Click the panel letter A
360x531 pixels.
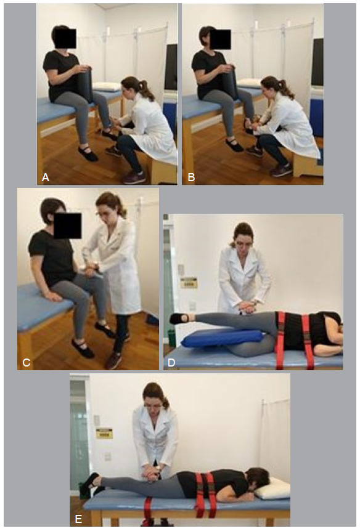46,177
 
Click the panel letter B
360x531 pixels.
191,177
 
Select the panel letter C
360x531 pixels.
27,363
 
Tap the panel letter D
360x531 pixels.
171,363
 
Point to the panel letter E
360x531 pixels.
79,519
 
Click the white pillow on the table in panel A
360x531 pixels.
106,87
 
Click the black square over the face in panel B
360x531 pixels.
220,39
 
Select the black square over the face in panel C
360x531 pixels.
68,225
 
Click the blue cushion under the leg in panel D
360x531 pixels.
222,338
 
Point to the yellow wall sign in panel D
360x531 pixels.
189,282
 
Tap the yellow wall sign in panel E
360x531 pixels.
104,433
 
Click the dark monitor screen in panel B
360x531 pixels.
317,62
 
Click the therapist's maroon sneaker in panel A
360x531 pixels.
134,177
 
